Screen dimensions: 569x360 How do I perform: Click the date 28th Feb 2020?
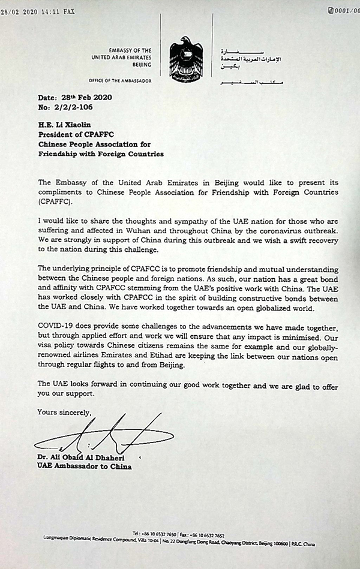click(x=88, y=97)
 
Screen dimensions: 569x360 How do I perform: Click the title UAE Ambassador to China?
click(x=85, y=466)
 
